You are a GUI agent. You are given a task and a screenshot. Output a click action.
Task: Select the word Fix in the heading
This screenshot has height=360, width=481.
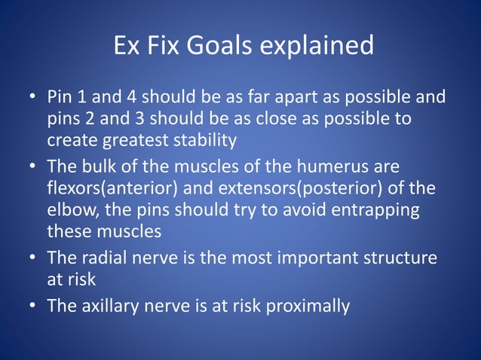click(x=160, y=46)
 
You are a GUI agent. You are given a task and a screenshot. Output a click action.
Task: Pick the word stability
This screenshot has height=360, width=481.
click(x=205, y=140)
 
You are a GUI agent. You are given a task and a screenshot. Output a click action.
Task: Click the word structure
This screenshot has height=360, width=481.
click(x=399, y=258)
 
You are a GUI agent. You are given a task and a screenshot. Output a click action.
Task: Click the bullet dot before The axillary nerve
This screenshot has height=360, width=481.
click(x=33, y=307)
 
